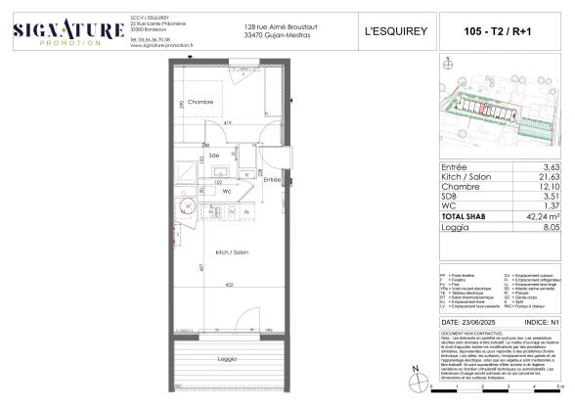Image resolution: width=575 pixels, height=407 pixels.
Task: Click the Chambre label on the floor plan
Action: click(201, 102)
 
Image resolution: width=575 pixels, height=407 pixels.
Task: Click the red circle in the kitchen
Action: click(190, 207)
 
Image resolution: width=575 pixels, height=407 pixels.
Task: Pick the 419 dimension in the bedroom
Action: click(226, 121)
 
